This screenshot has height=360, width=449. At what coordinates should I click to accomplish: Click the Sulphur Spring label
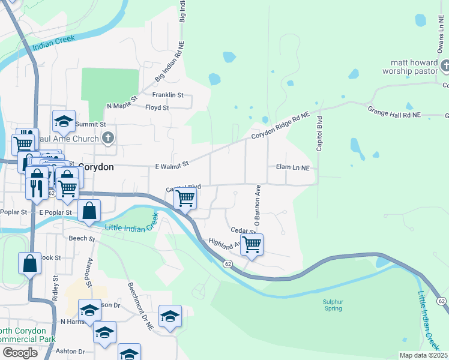pyautogui.click(x=333, y=305)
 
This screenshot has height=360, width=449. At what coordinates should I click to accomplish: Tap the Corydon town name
pyautogui.click(x=95, y=167)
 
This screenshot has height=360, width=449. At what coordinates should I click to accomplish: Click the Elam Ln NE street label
pyautogui.click(x=292, y=167)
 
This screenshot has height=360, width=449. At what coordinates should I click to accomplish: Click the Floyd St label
pyautogui.click(x=157, y=108)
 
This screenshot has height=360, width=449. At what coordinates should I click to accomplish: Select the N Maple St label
pyautogui.click(x=122, y=101)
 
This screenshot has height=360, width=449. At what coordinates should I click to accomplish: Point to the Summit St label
pyautogui.click(x=94, y=124)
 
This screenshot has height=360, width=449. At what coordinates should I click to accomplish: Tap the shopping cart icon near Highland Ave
pyautogui.click(x=252, y=244)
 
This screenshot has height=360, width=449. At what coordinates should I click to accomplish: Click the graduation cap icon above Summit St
pyautogui.click(x=64, y=121)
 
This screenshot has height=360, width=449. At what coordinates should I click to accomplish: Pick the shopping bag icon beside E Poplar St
pyautogui.click(x=89, y=211)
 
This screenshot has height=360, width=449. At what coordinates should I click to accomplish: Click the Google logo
pyautogui.click(x=20, y=353)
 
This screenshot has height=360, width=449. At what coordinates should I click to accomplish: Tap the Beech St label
pyautogui.click(x=83, y=239)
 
